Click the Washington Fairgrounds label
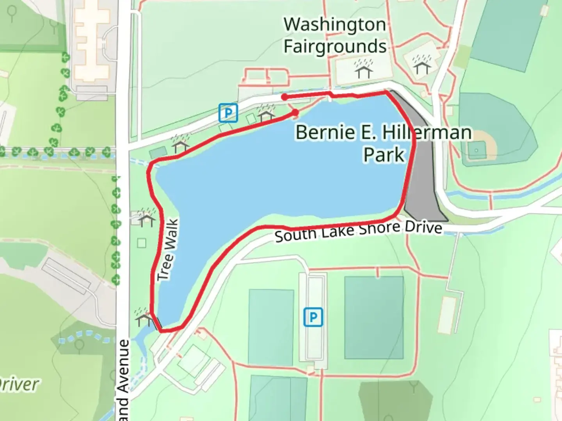pos(335,35)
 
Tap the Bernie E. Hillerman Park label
pos(383,143)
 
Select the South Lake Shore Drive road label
pos(358,232)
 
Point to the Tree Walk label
pos(169,250)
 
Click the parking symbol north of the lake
pos(228,113)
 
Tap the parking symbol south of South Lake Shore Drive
pos(313,317)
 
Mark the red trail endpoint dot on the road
pos(285,97)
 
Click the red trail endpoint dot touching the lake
pos(295,113)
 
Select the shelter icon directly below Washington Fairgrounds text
pos(364,69)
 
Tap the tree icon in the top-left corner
pos(12,14)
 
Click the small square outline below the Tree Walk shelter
pos(142,243)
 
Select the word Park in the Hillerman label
pos(384,155)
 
